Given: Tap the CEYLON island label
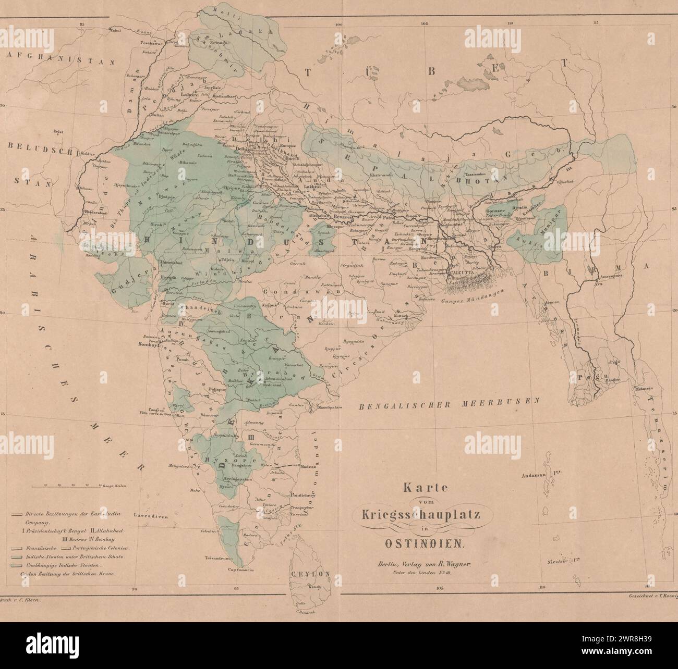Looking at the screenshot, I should (x=311, y=574).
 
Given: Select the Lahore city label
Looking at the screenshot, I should (x=188, y=95).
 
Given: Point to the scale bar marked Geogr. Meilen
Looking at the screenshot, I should (x=73, y=486).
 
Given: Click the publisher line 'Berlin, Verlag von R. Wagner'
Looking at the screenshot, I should (x=422, y=563).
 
